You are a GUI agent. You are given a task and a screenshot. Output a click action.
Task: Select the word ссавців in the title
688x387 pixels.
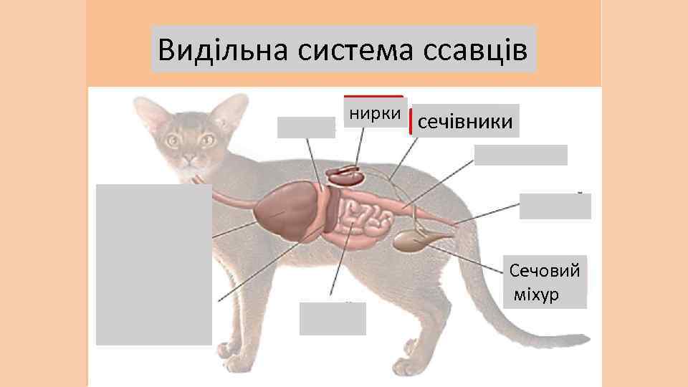pyautogui.click(x=476, y=50)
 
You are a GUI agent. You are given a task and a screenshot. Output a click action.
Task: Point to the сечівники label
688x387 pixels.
pyautogui.click(x=464, y=123)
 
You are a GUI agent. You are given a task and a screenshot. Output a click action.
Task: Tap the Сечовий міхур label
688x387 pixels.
pyautogui.click(x=545, y=282)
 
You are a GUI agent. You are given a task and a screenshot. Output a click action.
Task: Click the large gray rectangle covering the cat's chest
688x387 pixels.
pyautogui.click(x=154, y=264)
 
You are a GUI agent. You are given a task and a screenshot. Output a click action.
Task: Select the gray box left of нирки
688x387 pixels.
pyautogui.click(x=306, y=127)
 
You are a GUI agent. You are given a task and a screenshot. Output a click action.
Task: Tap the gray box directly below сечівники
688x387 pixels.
pyautogui.click(x=520, y=155)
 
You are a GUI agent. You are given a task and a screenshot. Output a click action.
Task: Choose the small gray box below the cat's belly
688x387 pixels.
pyautogui.click(x=333, y=318)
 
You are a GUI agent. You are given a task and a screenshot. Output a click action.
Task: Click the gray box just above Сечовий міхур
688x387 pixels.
pyautogui.click(x=555, y=206)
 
